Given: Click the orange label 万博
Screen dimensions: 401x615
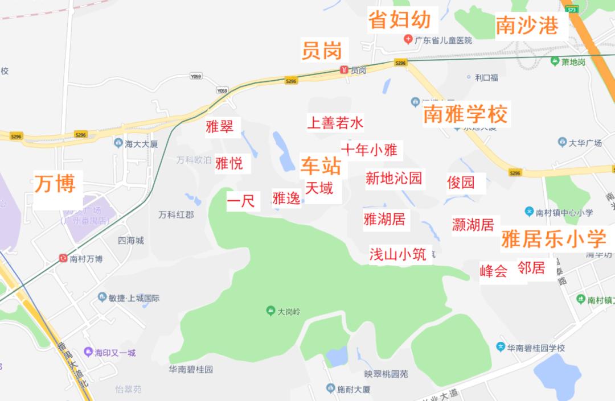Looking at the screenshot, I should pos(55,184).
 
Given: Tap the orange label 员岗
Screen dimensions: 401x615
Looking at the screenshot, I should pos(322,51).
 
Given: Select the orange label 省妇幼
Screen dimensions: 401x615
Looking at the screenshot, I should pos(399,19).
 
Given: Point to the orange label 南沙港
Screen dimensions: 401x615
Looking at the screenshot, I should pos(527,26).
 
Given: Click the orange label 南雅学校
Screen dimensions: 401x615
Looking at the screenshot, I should pos(465,114).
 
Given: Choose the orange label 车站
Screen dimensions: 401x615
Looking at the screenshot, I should pos(321,166).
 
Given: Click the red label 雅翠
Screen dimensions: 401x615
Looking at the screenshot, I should pos(220,126).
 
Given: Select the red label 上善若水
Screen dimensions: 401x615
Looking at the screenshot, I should pos(335,122).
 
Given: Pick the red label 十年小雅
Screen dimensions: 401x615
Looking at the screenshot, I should pos(369,150).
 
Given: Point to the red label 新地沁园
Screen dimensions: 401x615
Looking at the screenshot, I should pos(394,179).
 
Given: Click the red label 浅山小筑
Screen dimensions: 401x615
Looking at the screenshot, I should pos(397,254).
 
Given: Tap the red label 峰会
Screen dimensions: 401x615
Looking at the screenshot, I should pos(493,271).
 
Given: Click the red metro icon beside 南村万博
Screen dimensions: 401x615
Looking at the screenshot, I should pos(63,259).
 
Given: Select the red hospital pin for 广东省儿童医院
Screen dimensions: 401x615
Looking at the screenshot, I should pos(408,40).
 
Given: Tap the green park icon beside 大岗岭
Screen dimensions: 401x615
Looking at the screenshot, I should pos(270,311).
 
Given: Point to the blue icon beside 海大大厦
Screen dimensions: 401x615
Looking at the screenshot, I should pos(118,143).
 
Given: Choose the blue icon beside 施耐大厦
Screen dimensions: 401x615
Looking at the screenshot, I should pos(330,389).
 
